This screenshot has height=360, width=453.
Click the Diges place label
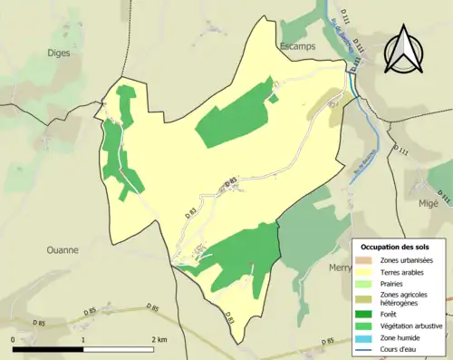pyautogui.click(x=59, y=53)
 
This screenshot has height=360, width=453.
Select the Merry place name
pyautogui.click(x=340, y=268)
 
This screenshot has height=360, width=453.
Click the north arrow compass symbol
pyautogui.click(x=403, y=49)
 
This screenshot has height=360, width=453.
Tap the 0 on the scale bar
pyautogui.click(x=13, y=338)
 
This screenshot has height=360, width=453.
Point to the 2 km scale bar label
pyautogui.click(x=158, y=338)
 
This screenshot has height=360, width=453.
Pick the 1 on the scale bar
pyautogui.click(x=83, y=338)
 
